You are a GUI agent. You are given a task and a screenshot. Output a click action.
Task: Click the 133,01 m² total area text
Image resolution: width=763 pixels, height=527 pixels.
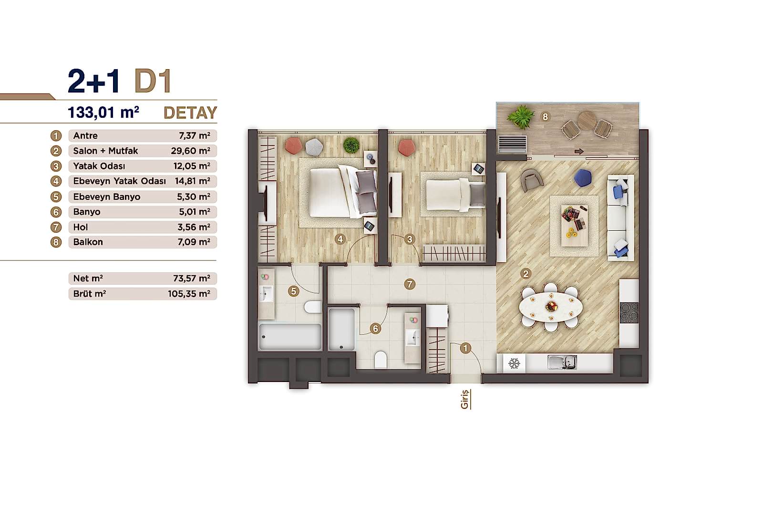(x=103, y=113)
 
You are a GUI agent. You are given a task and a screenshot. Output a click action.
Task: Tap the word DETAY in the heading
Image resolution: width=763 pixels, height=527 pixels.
(x=190, y=113)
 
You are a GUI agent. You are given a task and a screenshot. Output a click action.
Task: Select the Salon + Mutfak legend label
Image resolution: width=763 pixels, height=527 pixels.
(x=105, y=151)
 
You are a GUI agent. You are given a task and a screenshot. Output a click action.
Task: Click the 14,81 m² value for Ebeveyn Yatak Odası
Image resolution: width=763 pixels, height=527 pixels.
(x=193, y=181)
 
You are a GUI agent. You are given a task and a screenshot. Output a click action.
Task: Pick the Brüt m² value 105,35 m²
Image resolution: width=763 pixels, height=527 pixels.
(x=189, y=294)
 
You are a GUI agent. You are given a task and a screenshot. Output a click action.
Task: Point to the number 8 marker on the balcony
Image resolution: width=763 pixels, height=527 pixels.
(x=545, y=116)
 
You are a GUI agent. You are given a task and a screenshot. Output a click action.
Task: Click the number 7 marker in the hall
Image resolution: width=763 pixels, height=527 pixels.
(x=409, y=284)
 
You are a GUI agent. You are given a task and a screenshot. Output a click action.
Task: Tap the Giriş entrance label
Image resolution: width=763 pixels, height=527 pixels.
(x=465, y=399)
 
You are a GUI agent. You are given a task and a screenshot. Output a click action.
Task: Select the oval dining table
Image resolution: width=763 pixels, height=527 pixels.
(x=551, y=305)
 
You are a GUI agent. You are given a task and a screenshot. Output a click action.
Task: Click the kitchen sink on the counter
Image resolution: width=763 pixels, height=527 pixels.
(x=562, y=362)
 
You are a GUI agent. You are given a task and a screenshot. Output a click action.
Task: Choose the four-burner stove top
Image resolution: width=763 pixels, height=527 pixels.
(x=629, y=313)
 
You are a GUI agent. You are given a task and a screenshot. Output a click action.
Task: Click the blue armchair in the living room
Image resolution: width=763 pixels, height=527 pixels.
(x=583, y=178)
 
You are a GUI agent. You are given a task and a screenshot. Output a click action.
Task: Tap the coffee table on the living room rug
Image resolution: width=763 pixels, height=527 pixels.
(x=574, y=226)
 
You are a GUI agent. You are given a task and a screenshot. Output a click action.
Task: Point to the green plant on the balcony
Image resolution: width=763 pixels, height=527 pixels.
(x=521, y=116)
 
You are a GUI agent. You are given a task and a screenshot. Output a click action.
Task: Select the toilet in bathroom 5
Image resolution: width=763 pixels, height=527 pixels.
(x=313, y=307)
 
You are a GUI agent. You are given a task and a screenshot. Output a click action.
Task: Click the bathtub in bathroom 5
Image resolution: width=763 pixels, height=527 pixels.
(x=289, y=337)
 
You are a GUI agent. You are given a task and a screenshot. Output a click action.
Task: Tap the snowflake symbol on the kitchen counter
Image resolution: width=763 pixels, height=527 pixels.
(x=514, y=363)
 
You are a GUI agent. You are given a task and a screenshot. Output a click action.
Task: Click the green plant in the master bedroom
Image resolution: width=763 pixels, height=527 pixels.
(x=351, y=145)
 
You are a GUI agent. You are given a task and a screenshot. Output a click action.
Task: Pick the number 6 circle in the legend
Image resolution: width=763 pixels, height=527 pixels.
(x=56, y=212)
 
